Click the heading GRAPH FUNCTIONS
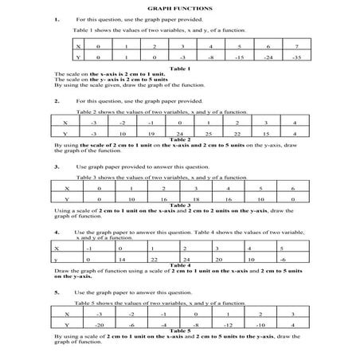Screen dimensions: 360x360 pyautogui.click(x=180, y=6)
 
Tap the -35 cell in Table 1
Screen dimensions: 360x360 pyautogui.click(x=296, y=58)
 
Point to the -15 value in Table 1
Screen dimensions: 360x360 pyautogui.click(x=240, y=58)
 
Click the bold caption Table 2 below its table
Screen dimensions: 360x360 pyautogui.click(x=180, y=139)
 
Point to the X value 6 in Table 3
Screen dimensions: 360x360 pyautogui.click(x=294, y=189)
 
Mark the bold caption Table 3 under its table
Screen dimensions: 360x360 pyautogui.click(x=180, y=206)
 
